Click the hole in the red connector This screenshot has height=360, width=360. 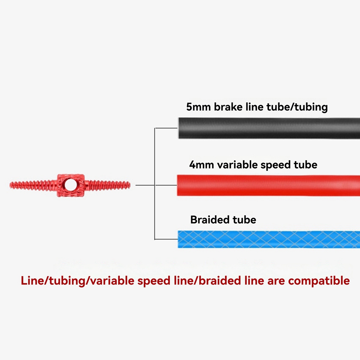[x=71, y=185]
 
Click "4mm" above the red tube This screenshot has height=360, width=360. [x=201, y=165]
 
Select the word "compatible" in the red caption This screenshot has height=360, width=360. [x=319, y=281]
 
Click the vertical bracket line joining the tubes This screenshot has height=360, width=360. [x=155, y=183]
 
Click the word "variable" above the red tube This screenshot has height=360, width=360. [x=238, y=165]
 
